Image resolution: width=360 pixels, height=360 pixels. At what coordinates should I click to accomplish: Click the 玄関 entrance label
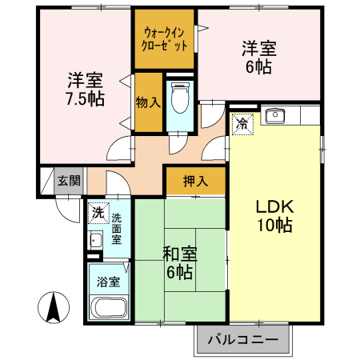(68, 181)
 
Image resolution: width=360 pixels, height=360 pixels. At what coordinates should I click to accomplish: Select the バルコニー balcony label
(243, 340)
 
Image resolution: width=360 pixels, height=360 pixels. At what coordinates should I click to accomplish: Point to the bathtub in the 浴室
(110, 309)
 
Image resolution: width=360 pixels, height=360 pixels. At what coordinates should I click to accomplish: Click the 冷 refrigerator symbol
(242, 123)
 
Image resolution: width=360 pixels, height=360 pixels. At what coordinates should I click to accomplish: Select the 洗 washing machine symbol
(97, 213)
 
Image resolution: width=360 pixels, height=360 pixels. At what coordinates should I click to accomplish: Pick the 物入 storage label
(148, 102)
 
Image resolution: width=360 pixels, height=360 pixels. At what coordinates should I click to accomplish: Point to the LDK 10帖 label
(274, 215)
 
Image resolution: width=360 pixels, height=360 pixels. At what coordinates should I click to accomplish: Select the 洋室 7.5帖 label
(85, 89)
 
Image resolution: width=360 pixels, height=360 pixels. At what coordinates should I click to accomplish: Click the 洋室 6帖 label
(258, 58)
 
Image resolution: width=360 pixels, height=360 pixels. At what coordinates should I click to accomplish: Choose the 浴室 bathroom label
(109, 282)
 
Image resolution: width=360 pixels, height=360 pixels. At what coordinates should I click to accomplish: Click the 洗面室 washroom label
(117, 228)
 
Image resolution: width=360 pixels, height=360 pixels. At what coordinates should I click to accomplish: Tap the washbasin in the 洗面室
(95, 239)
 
